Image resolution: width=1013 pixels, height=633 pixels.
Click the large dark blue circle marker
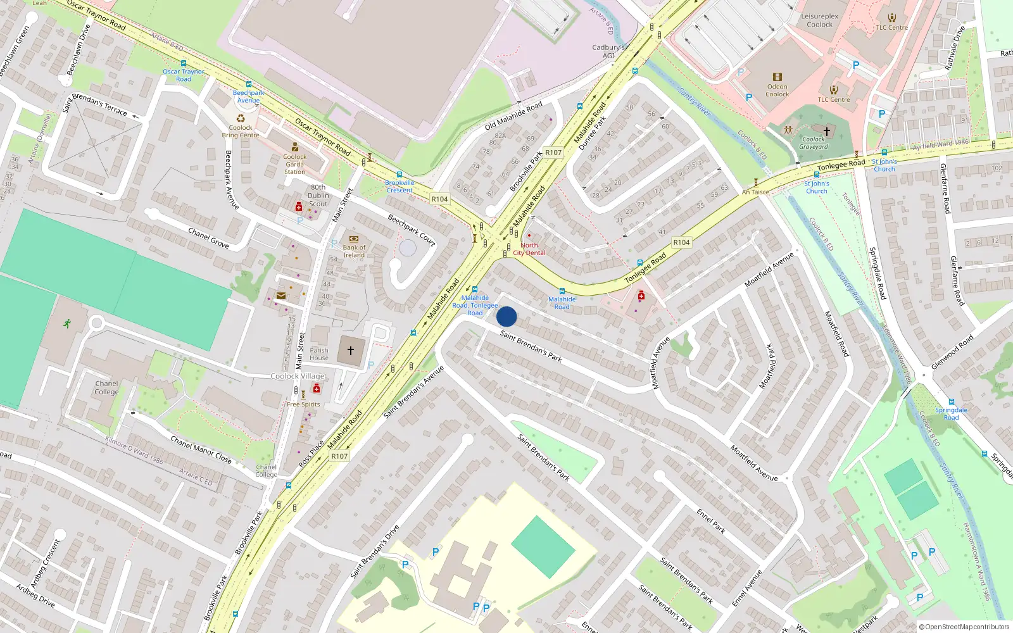point(507,316)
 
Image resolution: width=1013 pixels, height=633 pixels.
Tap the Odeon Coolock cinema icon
point(777,77)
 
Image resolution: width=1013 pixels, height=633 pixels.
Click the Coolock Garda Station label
point(294,164)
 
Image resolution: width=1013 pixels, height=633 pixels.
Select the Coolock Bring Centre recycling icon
point(241,118)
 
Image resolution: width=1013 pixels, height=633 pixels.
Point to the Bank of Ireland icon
point(353,239)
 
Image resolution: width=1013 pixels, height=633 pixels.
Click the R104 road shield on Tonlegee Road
point(681,242)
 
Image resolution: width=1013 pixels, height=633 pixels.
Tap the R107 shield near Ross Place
point(339,456)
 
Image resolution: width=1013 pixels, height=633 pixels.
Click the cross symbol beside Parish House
point(351,350)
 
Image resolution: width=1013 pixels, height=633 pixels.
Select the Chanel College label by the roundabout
point(106,387)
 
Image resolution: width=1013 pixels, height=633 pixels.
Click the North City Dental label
point(529,249)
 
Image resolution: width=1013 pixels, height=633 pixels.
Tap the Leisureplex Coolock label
point(820,21)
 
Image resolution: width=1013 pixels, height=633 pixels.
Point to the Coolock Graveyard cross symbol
point(826,131)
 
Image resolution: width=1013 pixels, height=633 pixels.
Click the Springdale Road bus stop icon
point(951,402)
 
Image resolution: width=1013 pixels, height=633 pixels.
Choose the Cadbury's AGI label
point(608,51)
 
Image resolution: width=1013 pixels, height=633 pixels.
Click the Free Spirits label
point(303,404)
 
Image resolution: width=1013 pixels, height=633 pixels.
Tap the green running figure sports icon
point(67,323)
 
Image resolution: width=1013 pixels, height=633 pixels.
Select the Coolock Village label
point(297,376)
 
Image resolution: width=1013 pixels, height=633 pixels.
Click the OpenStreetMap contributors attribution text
point(964,627)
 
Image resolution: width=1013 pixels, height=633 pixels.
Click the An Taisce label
point(755,192)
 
